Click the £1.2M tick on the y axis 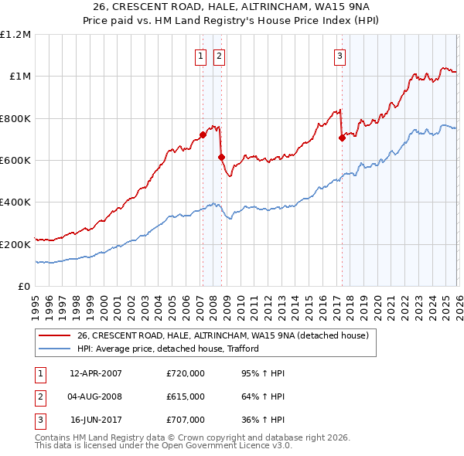coord(15,34)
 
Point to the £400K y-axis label coord(15,202)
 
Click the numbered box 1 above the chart coord(200,55)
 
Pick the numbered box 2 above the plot coord(219,55)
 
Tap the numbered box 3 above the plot coord(339,55)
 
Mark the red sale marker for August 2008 coord(220,157)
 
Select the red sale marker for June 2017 coord(342,138)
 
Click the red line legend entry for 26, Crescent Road coord(223,335)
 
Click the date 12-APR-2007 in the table coord(96,373)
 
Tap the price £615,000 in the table coord(186,396)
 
